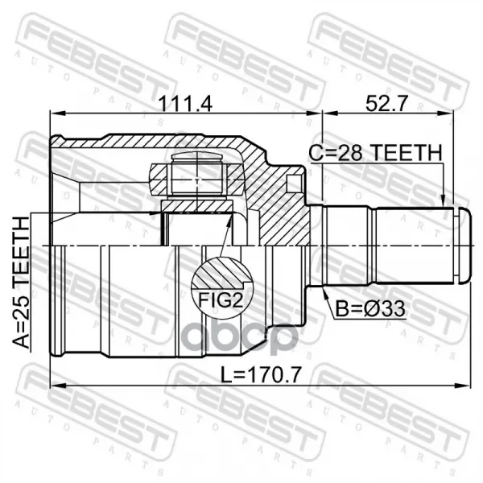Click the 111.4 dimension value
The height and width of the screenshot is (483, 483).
[185, 104]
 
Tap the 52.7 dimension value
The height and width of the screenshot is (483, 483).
[386, 104]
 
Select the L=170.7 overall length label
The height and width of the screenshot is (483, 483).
[261, 374]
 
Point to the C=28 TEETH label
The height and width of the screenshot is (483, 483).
[375, 153]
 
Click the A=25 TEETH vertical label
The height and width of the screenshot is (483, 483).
[22, 283]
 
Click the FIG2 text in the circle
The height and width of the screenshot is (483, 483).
[221, 300]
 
